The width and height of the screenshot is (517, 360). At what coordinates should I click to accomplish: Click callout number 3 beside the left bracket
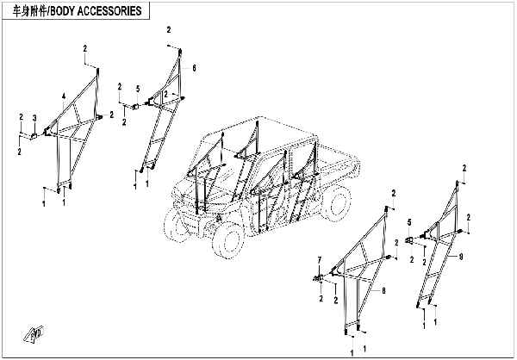click(34, 117)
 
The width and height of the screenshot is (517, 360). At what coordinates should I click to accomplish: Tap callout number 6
click(195, 67)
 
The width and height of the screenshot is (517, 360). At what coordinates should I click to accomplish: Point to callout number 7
click(319, 259)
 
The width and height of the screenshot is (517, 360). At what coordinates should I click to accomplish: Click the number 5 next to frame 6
click(137, 88)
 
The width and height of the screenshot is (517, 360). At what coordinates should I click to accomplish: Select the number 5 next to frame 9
click(410, 222)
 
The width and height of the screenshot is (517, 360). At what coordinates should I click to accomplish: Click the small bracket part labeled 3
click(35, 133)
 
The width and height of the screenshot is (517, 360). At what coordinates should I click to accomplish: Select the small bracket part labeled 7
click(320, 276)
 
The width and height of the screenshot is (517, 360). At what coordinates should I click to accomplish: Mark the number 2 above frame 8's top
click(394, 193)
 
